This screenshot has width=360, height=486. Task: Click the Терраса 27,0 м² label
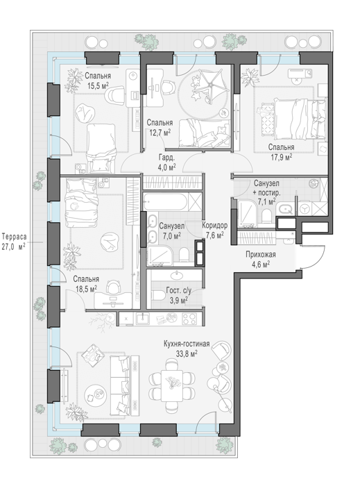(x=14, y=242)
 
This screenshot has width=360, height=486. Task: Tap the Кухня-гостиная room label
(x=187, y=344)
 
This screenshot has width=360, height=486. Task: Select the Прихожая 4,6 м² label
(x=261, y=259)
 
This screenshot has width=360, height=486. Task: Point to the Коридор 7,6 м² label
(x=214, y=230)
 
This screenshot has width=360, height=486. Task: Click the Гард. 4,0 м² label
(x=167, y=162)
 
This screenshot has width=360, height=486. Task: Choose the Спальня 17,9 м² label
(x=281, y=152)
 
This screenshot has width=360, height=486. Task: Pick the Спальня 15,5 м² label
(x=98, y=81)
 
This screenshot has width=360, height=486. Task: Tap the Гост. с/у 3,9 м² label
(x=179, y=295)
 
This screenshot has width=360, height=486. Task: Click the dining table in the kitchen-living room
(x=172, y=384)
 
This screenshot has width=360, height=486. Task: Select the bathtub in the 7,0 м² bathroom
(x=165, y=202)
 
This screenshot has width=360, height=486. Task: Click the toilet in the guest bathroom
(x=158, y=296)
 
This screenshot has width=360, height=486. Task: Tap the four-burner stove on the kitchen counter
(x=189, y=318)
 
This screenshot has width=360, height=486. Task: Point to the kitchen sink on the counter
(x=142, y=318)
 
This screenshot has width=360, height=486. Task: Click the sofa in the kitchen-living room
(x=121, y=385)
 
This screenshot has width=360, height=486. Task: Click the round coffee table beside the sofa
(x=96, y=394)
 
